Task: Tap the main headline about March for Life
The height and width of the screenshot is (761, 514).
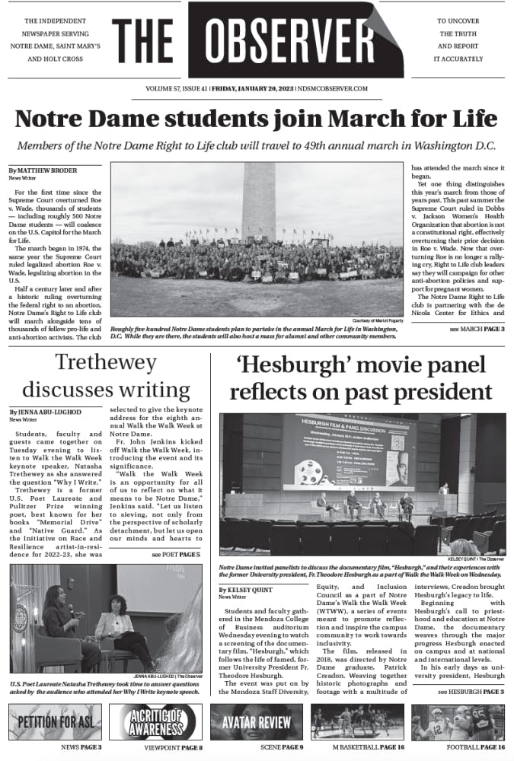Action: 256,119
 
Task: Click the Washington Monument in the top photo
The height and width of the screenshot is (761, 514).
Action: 258,202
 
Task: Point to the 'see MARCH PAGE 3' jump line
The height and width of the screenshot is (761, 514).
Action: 477,328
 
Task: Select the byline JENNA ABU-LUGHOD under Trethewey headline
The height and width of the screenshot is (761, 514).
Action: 45,412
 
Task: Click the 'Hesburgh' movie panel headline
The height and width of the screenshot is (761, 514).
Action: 361,378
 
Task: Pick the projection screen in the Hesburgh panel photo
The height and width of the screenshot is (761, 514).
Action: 345,451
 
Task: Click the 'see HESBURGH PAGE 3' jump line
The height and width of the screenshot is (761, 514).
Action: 471,692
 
